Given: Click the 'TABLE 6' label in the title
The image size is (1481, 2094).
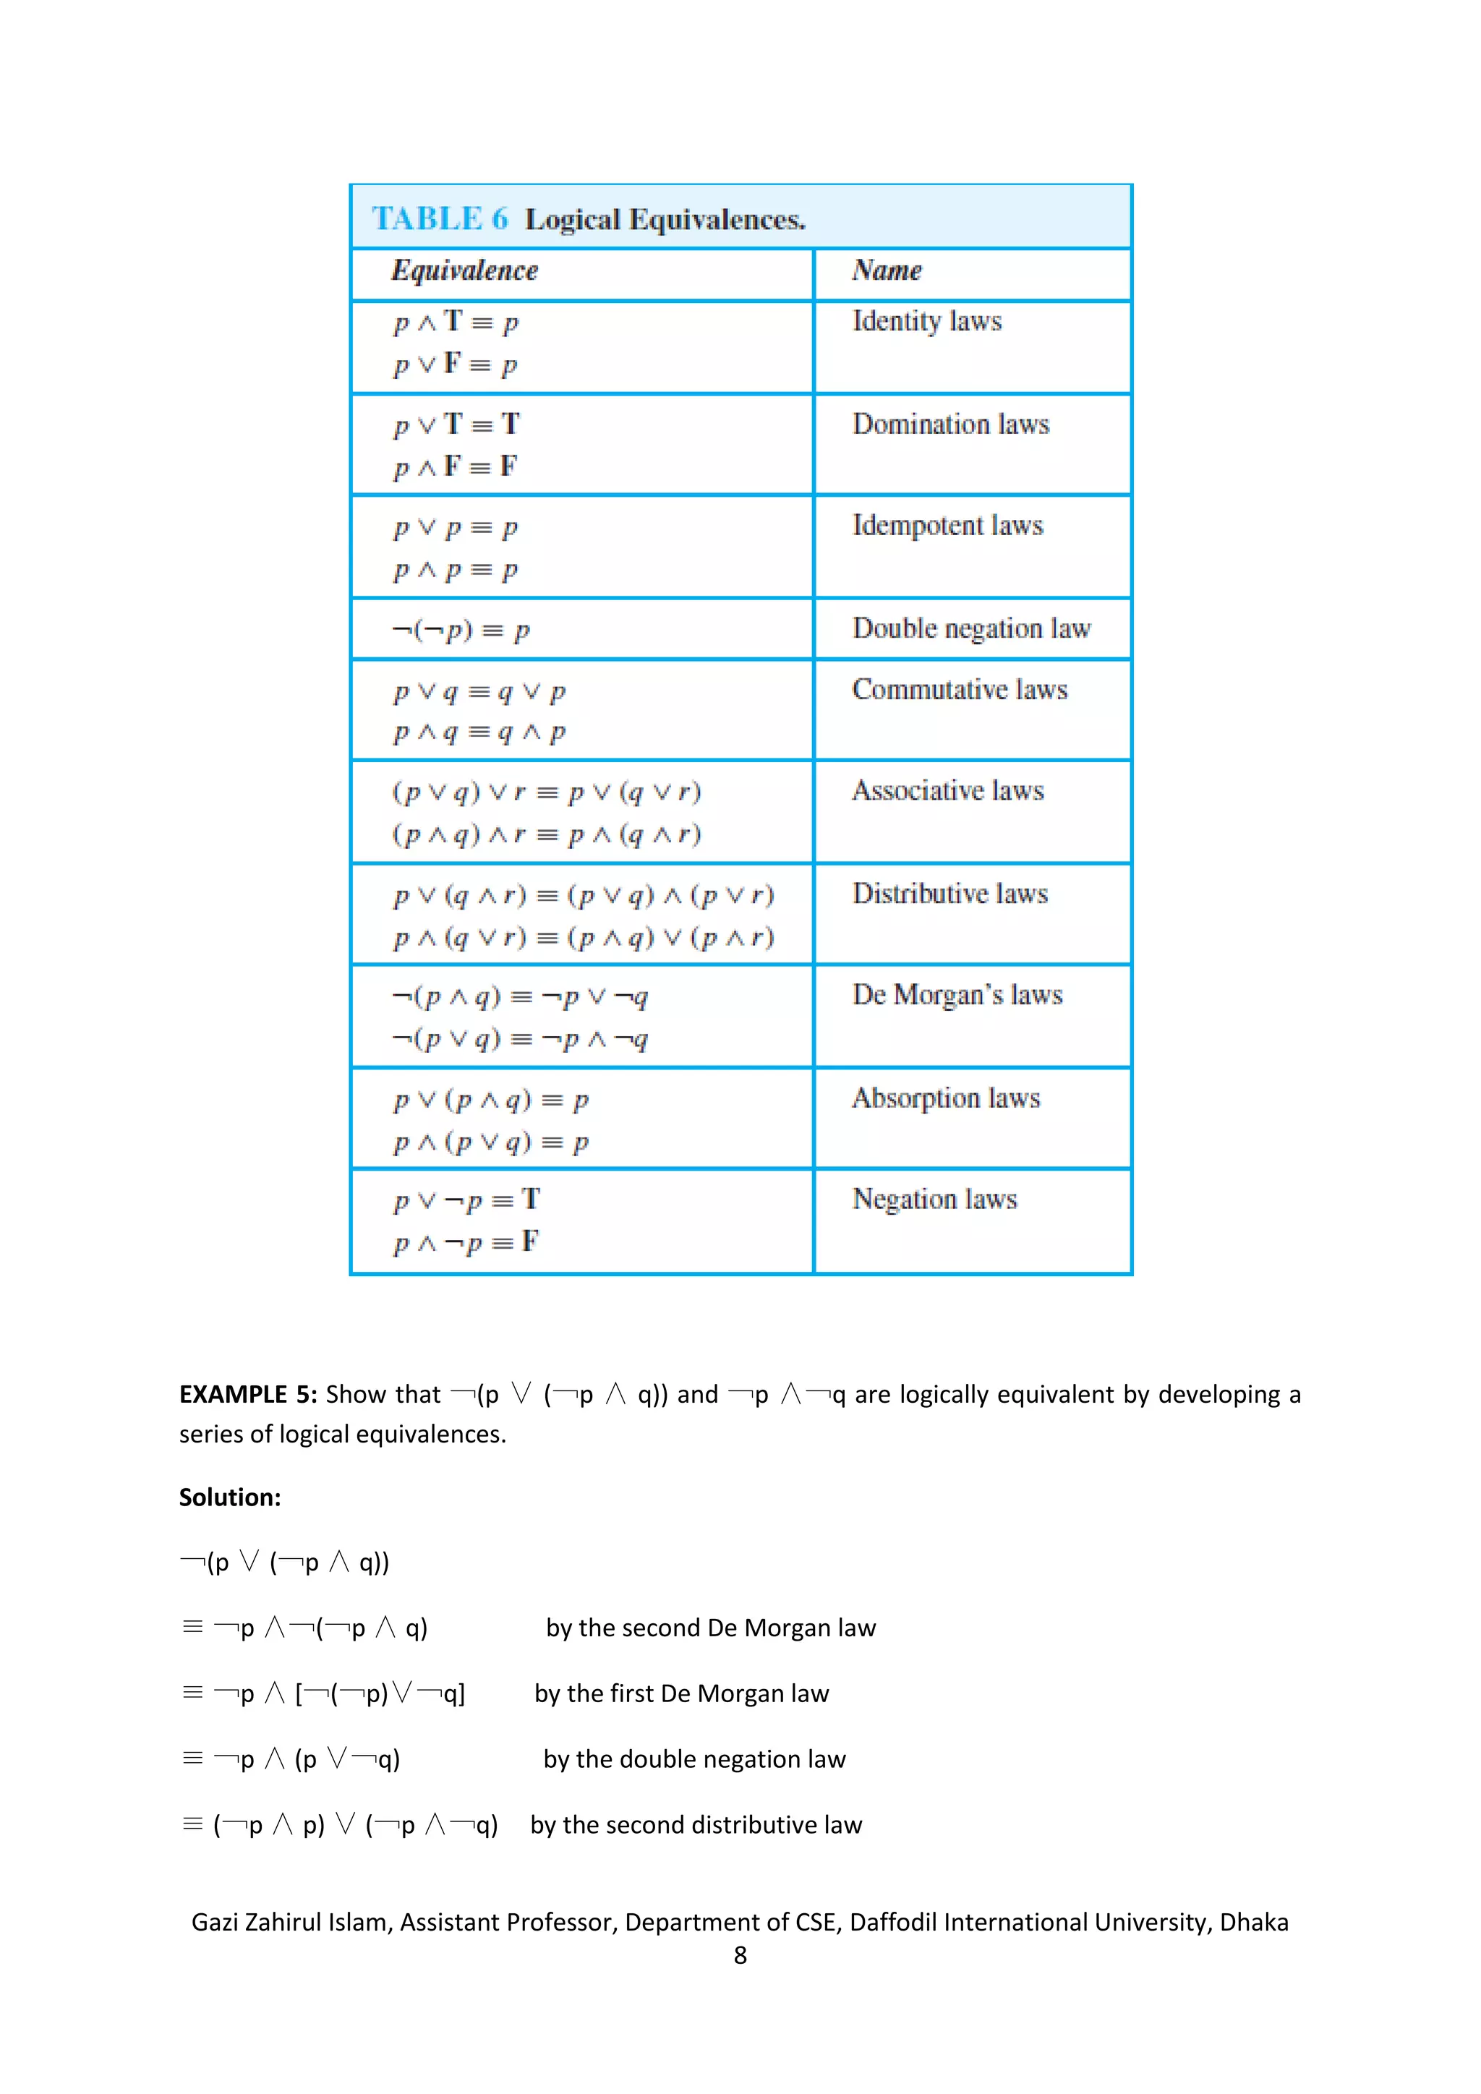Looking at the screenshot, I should point(440,219).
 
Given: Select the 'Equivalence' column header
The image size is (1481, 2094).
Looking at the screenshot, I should point(464,271).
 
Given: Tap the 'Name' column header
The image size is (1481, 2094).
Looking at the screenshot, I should point(887,271).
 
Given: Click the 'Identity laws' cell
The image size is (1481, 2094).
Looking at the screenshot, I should point(926,322).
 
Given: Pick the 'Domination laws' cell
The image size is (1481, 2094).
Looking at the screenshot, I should point(950,425).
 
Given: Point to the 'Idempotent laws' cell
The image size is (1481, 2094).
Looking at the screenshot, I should point(947,526).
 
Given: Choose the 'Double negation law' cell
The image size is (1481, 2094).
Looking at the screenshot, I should point(970,629).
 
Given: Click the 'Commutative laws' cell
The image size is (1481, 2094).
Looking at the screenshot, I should point(960,691).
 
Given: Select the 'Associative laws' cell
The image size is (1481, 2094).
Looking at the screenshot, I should point(947,791).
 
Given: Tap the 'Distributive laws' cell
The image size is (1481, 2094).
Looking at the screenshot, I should point(949,894).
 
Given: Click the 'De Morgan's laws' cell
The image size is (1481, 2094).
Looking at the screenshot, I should point(957,995).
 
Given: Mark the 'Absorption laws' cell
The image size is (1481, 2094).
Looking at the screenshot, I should point(946,1098).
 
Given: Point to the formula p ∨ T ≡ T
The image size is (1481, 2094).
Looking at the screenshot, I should point(456,425).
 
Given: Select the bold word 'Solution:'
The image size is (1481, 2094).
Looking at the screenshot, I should point(230,1497).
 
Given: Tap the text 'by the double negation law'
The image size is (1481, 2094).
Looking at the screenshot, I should point(694,1759).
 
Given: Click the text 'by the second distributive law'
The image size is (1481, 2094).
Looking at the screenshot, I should point(696,1825).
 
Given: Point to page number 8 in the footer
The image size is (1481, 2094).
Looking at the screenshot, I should point(740,1955).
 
